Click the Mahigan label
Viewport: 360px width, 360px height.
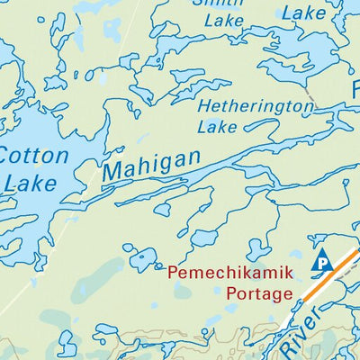[x=151, y=164]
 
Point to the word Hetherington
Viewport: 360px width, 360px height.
[x=255, y=106]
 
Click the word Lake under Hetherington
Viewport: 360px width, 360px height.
[x=217, y=128]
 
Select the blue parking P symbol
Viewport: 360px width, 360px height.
[x=321, y=263]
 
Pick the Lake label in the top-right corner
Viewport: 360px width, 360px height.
[x=303, y=13]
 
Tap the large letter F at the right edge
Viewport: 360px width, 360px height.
[x=354, y=90]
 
